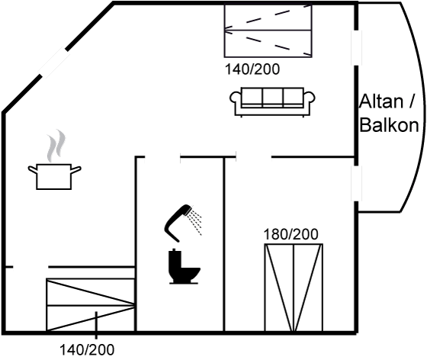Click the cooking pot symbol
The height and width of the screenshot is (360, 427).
click(x=54, y=176)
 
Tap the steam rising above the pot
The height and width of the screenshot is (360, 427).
click(x=56, y=146)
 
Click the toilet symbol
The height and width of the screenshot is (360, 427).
click(x=185, y=267)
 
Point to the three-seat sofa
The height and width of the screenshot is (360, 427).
click(x=272, y=102)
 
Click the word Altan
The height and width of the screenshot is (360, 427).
click(x=381, y=102)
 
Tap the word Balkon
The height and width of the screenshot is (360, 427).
click(x=389, y=125)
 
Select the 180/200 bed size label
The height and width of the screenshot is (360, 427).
click(x=291, y=234)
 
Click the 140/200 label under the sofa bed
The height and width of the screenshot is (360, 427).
click(x=252, y=69)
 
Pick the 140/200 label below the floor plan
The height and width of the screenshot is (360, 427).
click(x=87, y=349)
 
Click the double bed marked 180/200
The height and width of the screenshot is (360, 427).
click(x=294, y=288)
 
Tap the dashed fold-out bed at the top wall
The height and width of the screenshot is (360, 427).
click(x=268, y=31)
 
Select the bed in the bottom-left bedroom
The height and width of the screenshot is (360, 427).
click(x=91, y=305)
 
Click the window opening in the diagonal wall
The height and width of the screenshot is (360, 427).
click(x=54, y=63)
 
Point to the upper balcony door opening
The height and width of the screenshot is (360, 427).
click(x=356, y=47)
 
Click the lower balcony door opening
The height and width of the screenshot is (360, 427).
click(x=356, y=184)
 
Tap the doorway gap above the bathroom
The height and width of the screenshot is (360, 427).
click(x=162, y=157)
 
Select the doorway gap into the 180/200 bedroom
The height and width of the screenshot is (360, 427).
click(x=253, y=157)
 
